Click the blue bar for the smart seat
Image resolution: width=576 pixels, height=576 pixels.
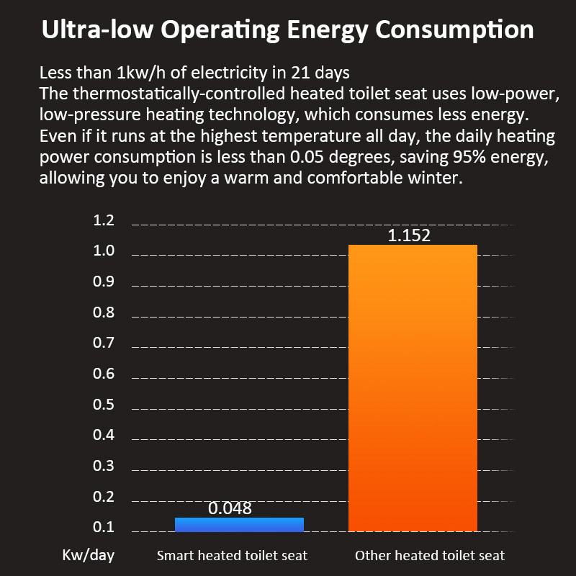239,525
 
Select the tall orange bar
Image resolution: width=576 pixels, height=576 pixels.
413,389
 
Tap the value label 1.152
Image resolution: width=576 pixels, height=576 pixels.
409,235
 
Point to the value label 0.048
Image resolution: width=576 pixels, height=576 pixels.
230,508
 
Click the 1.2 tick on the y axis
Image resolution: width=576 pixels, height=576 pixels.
104,221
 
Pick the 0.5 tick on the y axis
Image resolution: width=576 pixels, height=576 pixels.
104,405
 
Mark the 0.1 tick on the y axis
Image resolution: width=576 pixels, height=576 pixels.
104,528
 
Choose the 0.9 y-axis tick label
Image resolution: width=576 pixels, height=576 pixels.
104,282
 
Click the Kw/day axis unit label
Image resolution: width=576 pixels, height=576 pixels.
88,555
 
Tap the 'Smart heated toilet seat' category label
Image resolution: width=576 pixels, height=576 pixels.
232,555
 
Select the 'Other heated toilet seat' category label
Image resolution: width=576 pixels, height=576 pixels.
430,555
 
